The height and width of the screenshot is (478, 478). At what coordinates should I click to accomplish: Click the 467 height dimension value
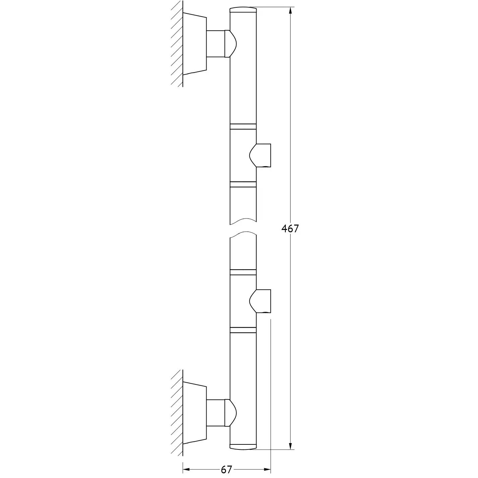(290, 229)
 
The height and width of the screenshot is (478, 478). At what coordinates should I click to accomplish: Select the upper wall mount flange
(195, 44)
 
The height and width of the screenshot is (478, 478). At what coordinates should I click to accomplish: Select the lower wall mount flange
(195, 413)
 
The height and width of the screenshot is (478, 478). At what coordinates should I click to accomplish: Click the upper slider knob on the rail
(260, 155)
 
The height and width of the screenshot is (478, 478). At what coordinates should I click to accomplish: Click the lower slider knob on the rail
(260, 301)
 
